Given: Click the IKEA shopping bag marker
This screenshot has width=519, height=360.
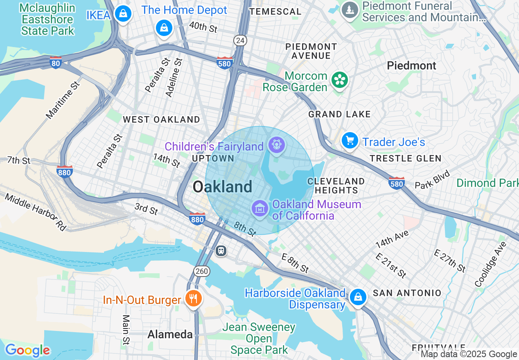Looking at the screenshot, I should [x=122, y=14].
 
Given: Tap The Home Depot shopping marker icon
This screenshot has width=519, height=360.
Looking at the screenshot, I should [x=164, y=28].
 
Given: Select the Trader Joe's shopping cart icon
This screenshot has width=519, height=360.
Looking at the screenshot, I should [x=350, y=141].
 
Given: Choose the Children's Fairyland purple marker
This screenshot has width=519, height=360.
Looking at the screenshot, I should [x=276, y=145].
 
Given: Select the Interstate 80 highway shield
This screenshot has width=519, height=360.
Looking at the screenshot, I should [x=56, y=62].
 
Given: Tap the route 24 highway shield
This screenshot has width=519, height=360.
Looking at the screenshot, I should [x=240, y=40].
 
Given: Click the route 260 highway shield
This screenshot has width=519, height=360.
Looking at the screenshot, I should [x=202, y=271].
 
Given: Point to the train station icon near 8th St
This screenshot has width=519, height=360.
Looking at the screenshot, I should [x=221, y=250].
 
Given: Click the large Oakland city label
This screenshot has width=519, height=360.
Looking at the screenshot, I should [x=222, y=187].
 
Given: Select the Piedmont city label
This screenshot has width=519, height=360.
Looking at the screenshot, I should [x=411, y=65].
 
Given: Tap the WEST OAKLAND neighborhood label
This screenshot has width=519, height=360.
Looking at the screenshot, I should [x=161, y=119].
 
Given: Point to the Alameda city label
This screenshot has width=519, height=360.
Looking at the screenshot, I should [x=170, y=334].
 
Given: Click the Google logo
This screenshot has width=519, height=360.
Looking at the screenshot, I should [x=27, y=351].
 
